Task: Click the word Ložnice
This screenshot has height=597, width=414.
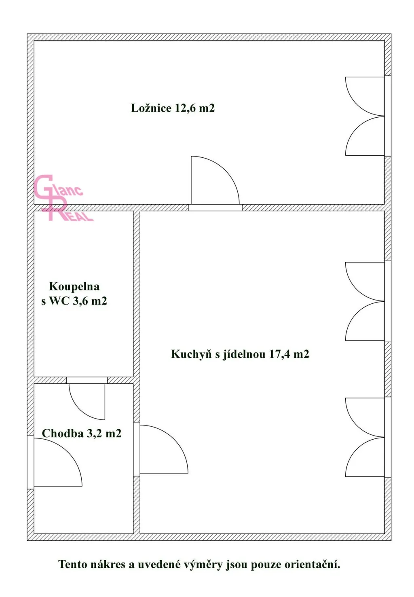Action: [151, 108]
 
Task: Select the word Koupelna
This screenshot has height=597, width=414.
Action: [74, 286]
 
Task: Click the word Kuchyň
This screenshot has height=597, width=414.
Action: [191, 354]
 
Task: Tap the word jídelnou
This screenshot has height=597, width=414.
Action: [244, 354]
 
